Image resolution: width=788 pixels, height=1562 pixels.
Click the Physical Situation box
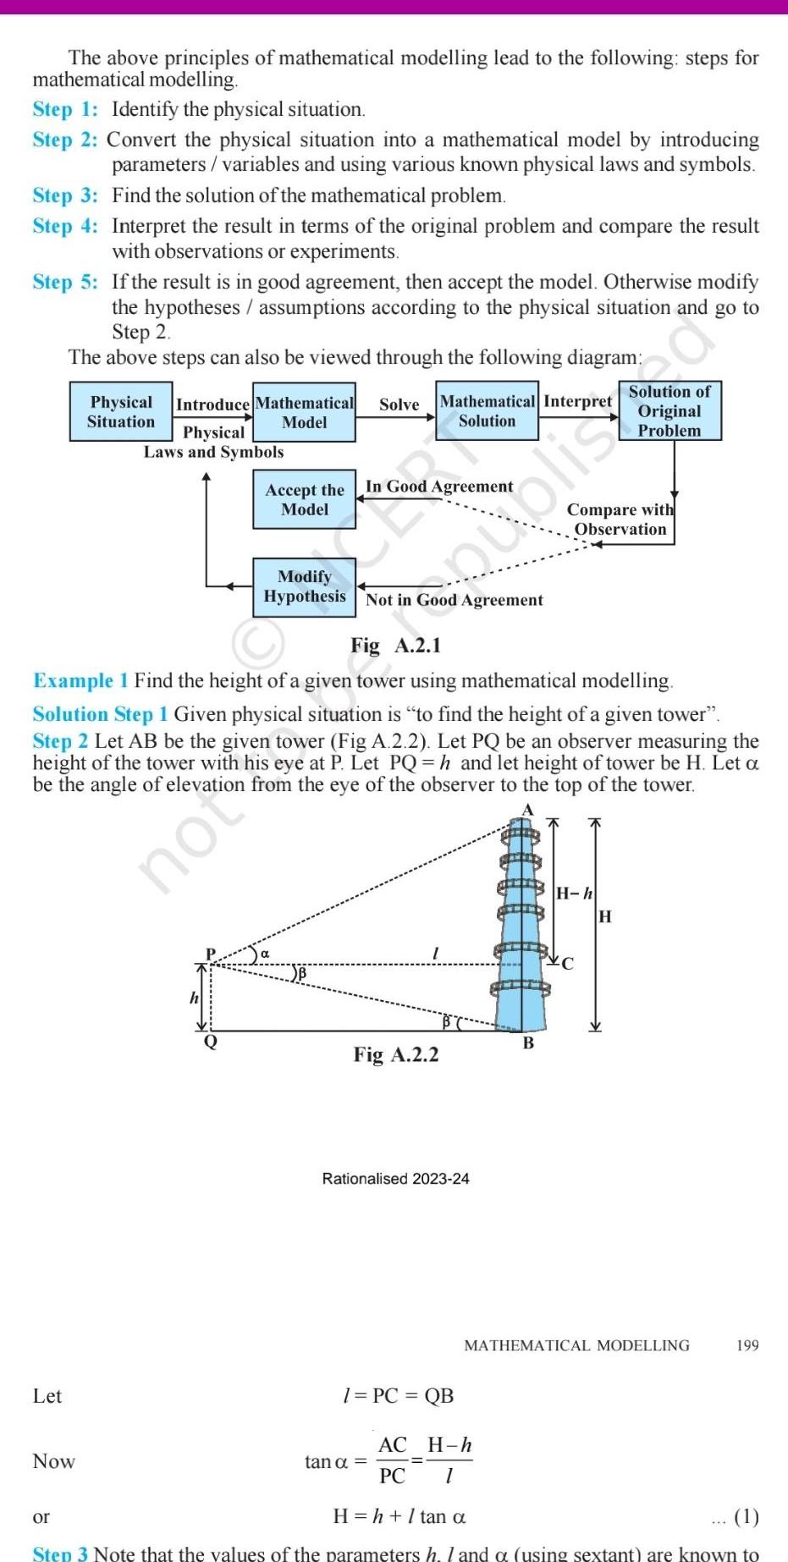[121, 411]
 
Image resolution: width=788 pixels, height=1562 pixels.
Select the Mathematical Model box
[304, 412]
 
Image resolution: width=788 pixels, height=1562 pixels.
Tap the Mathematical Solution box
[487, 410]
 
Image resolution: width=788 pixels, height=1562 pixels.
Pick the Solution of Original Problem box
[670, 410]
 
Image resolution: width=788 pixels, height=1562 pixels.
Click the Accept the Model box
[304, 499]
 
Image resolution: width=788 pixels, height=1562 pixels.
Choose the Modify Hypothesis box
[304, 586]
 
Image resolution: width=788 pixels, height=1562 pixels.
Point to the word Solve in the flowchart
[399, 404]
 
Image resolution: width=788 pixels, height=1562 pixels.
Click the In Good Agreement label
[438, 487]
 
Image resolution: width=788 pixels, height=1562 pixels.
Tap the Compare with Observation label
[620, 520]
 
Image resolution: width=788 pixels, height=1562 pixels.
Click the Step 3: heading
[65, 195]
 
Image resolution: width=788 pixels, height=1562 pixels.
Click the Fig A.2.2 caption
[395, 1054]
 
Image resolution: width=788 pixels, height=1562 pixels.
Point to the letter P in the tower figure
[211, 954]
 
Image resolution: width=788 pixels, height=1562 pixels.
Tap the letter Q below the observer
[211, 1042]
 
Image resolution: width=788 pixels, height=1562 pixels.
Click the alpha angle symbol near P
[265, 954]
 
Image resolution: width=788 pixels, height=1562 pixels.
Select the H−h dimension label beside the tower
[574, 894]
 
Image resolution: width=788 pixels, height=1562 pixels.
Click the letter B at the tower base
[528, 1043]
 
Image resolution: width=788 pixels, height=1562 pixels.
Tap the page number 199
[747, 1345]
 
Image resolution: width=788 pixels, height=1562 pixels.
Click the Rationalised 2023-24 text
[395, 1179]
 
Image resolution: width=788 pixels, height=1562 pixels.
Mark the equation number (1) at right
[746, 1516]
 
